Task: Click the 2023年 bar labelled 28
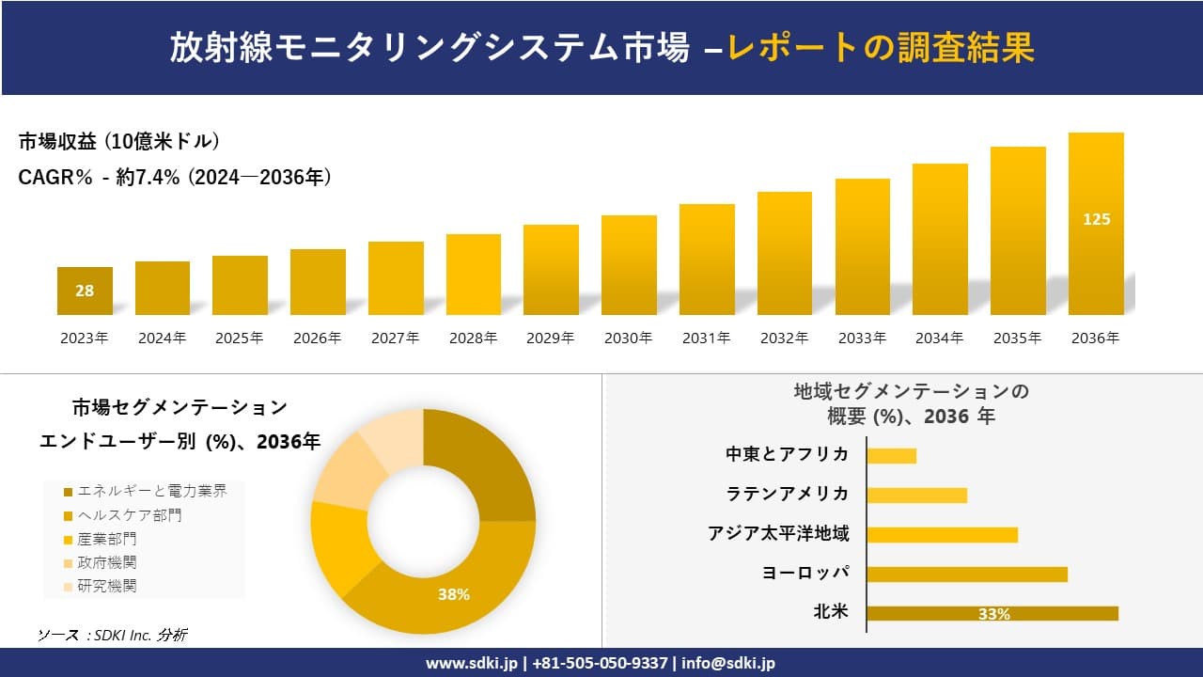point(85,291)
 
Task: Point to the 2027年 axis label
point(395,338)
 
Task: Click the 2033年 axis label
point(862,338)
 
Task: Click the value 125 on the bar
point(1096,219)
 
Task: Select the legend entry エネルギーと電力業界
point(145,491)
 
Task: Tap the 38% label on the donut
point(453,594)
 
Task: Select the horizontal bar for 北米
point(992,613)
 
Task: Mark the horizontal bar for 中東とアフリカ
point(891,455)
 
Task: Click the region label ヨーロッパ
point(805,573)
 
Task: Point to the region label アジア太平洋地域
point(778,533)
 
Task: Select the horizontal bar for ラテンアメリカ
point(916,495)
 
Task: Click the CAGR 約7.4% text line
point(175,177)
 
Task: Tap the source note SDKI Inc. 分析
point(112,635)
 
